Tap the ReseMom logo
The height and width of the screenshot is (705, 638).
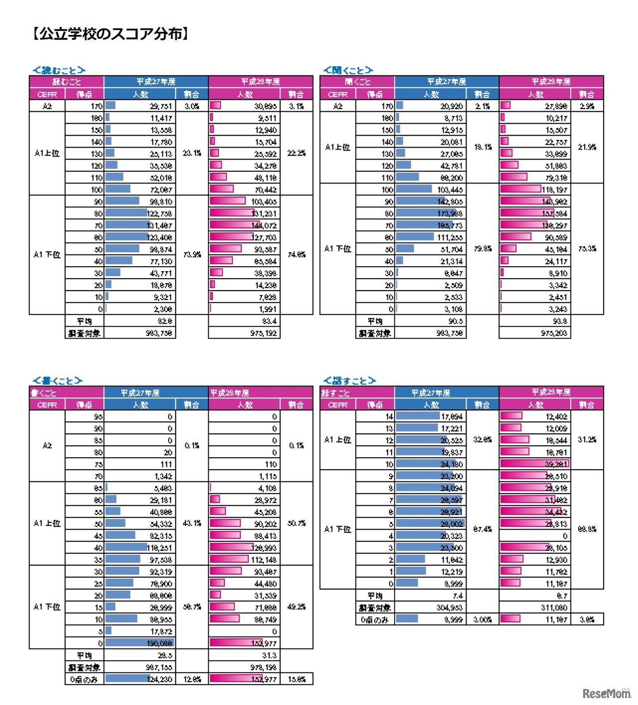tap(606, 693)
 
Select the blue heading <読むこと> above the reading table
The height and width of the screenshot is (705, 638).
tap(59, 70)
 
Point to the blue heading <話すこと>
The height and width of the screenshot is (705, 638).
tap(349, 381)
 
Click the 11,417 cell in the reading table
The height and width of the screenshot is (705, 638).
tap(161, 118)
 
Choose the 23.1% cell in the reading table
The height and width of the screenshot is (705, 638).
tap(192, 153)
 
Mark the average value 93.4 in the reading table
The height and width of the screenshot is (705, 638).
tap(269, 321)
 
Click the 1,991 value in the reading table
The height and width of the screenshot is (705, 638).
tap(267, 309)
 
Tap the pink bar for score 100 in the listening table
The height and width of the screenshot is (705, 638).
tap(520, 189)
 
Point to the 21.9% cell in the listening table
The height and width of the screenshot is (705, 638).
tap(587, 147)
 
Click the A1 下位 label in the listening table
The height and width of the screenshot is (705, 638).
tap(337, 249)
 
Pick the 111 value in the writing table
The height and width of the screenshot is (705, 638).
tap(166, 464)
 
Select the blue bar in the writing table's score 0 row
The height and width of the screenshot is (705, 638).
tap(139, 643)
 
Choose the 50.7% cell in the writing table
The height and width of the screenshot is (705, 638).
tap(297, 524)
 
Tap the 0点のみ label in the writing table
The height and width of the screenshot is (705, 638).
tap(84, 679)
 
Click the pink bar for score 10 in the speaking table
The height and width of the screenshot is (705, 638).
tap(534, 464)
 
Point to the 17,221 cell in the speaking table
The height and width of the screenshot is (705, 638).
tap(452, 428)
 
